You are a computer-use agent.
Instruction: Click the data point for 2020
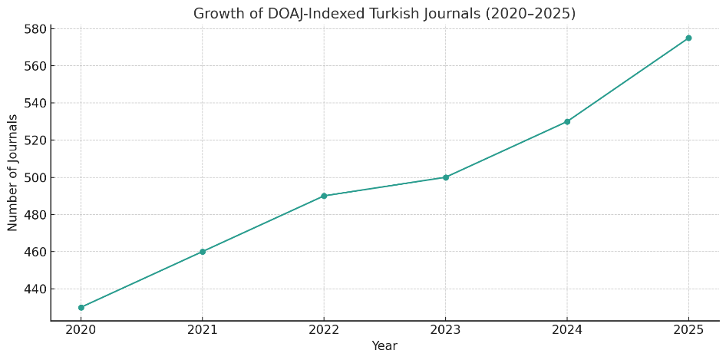pyautogui.click(x=81, y=308)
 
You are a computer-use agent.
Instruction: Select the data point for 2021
pyautogui.click(x=203, y=252)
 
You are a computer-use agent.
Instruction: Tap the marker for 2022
pyautogui.click(x=324, y=196)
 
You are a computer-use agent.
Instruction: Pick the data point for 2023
pyautogui.click(x=445, y=177)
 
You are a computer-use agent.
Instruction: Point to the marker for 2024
pyautogui.click(x=567, y=121)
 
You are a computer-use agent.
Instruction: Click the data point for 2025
pyautogui.click(x=688, y=38)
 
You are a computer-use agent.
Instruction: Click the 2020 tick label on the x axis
pyautogui.click(x=81, y=331)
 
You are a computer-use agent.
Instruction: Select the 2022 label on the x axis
pyautogui.click(x=324, y=331)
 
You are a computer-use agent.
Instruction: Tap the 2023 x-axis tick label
pyautogui.click(x=445, y=331)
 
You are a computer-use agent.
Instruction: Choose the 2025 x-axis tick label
pyautogui.click(x=688, y=331)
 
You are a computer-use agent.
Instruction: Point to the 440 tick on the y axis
pyautogui.click(x=35, y=289)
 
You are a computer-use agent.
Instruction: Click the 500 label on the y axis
pyautogui.click(x=35, y=177)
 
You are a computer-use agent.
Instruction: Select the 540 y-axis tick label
pyautogui.click(x=35, y=103)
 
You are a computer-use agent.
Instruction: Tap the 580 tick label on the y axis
pyautogui.click(x=35, y=29)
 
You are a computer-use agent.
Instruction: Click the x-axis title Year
pyautogui.click(x=384, y=346)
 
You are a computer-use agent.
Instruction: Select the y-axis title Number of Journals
pyautogui.click(x=13, y=172)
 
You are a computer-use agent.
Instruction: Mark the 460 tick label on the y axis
pyautogui.click(x=35, y=252)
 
